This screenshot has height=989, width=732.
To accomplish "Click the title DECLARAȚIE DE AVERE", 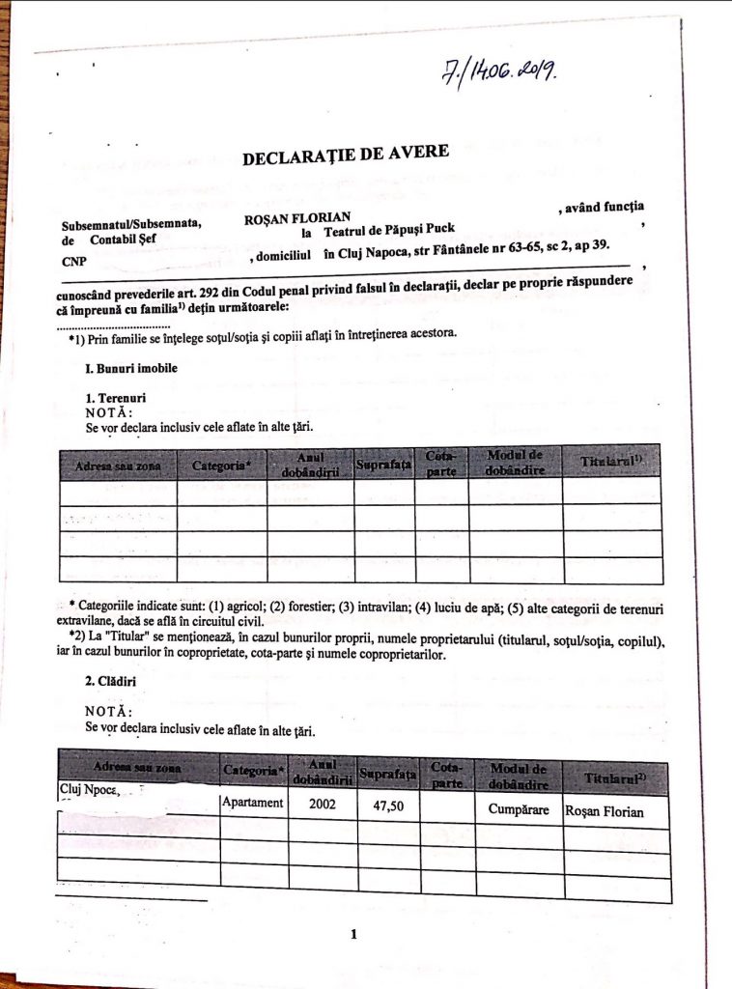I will click(x=345, y=155).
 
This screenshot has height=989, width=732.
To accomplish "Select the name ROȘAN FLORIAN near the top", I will click(x=296, y=219).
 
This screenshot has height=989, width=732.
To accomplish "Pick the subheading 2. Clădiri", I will click(x=111, y=681).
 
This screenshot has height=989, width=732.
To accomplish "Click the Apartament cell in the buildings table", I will click(x=253, y=803).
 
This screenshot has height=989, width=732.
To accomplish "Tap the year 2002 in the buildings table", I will click(x=323, y=804).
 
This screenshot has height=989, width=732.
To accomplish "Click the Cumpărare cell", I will click(x=519, y=809).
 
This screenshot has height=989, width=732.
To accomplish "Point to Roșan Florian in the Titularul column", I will click(x=605, y=811).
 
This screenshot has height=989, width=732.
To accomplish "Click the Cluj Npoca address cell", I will click(x=89, y=791).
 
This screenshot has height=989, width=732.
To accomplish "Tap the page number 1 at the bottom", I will click(x=354, y=934).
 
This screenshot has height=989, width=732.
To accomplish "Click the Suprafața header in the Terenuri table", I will click(x=383, y=466).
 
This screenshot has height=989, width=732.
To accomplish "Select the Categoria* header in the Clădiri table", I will click(x=254, y=771).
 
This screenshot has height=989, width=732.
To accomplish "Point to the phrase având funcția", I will click(x=601, y=206).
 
